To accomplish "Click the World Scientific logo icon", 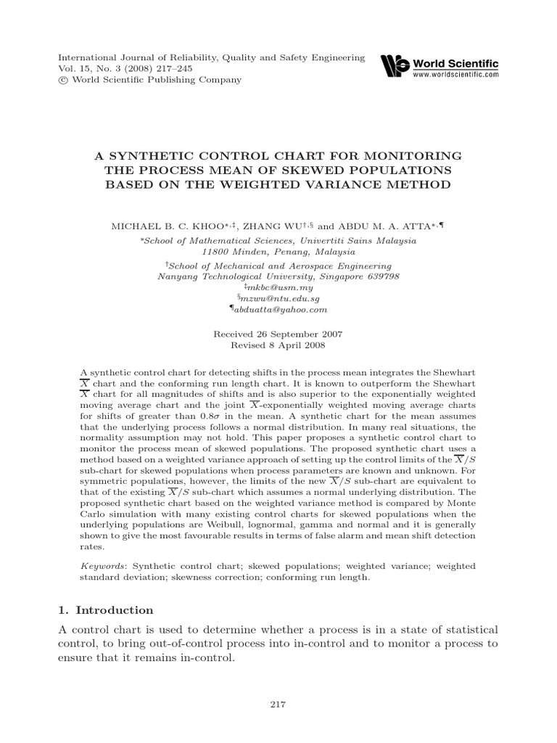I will (395, 65).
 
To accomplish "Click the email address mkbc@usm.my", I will (278, 287).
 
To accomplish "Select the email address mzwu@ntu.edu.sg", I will (278, 298).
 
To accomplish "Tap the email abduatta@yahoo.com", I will (278, 309).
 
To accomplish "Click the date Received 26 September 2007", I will (278, 334).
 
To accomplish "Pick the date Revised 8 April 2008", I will (278, 345).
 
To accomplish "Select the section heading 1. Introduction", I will (106, 610).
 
